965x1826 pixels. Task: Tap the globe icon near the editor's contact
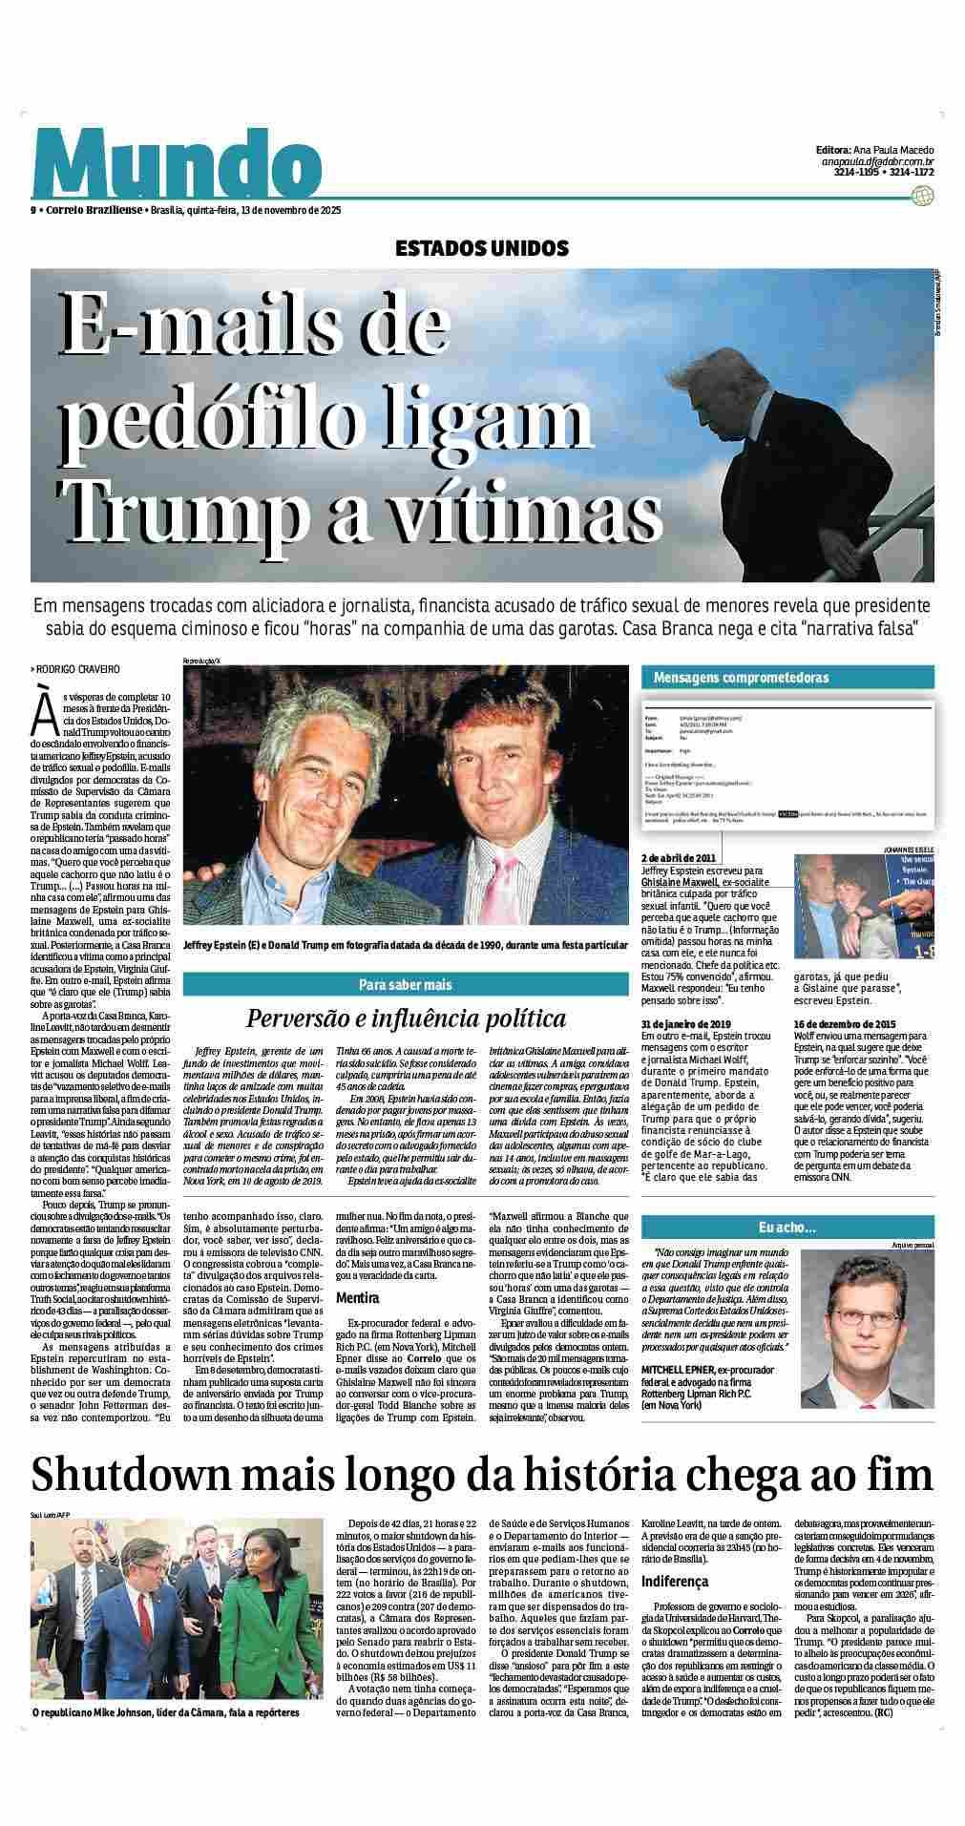(x=921, y=196)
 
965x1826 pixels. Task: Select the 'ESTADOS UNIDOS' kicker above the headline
(x=482, y=249)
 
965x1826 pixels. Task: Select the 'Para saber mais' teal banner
(x=405, y=985)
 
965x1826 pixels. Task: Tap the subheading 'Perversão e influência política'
(x=406, y=1018)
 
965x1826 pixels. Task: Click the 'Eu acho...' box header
(x=787, y=1227)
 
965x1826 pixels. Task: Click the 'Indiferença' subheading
(x=676, y=1582)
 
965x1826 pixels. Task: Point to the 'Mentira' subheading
(x=357, y=1297)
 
